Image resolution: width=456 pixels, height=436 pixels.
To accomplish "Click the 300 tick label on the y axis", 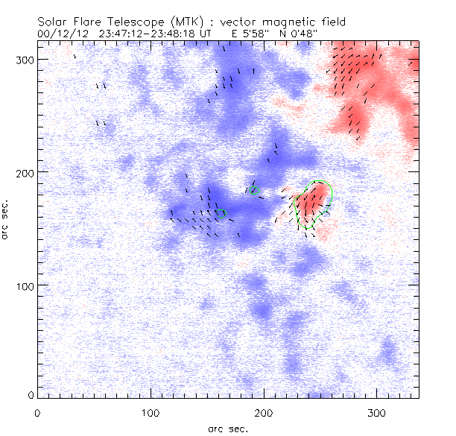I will [24, 59].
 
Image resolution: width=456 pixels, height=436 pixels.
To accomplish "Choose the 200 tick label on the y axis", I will [24, 172].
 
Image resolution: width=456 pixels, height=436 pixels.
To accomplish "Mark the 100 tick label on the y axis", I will [24, 285].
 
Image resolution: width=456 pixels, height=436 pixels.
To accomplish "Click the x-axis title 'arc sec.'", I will [227, 428].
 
